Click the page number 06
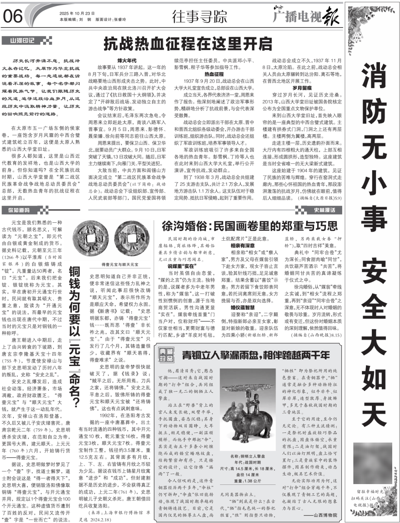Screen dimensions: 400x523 click(13, 16)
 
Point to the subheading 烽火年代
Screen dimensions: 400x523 click(127, 60)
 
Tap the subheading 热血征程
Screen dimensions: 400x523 click(214, 74)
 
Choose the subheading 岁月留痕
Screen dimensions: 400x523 click(302, 88)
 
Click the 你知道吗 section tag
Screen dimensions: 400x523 click(19, 210)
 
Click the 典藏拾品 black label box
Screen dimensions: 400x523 click(166, 355)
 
